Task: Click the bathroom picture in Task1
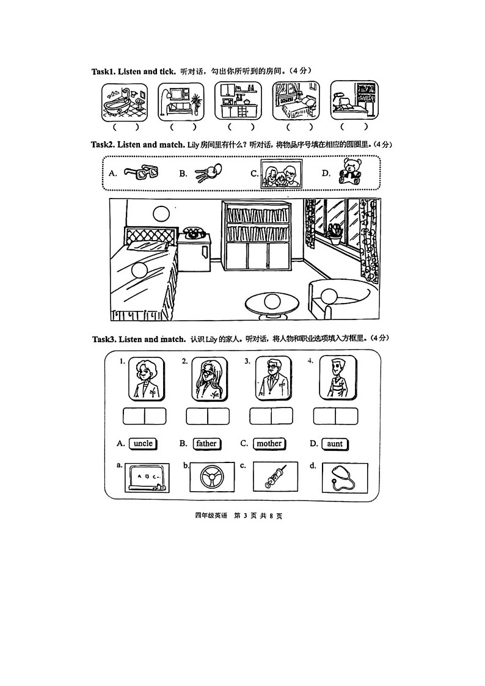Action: (x=123, y=101)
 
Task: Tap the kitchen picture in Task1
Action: (x=238, y=101)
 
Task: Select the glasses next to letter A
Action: (x=140, y=173)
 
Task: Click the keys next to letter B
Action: (x=205, y=175)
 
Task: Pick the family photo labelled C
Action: (x=281, y=173)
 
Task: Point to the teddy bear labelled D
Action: (x=350, y=172)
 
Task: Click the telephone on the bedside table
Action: (x=194, y=232)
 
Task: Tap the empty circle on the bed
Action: (x=140, y=270)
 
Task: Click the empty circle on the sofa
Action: (x=329, y=296)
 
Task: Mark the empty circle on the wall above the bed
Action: (x=161, y=213)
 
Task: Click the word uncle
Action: (x=143, y=443)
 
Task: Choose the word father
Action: (x=206, y=443)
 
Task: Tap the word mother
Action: (x=269, y=443)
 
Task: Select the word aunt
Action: (x=335, y=444)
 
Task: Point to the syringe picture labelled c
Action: (x=275, y=476)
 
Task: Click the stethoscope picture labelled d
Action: (x=345, y=477)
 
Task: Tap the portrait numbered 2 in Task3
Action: (x=209, y=379)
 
